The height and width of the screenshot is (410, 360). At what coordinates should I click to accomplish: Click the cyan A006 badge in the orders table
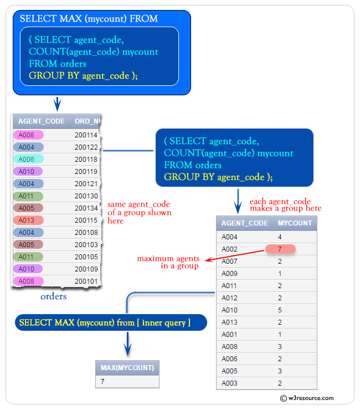[27, 159]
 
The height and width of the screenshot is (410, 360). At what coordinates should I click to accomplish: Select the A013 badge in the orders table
[27, 220]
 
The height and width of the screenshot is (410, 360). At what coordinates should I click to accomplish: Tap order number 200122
[86, 147]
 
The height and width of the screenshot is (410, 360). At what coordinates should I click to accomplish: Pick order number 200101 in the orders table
[86, 281]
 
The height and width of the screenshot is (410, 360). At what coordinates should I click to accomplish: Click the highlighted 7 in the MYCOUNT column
[280, 249]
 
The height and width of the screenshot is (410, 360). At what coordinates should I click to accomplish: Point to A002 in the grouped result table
[229, 249]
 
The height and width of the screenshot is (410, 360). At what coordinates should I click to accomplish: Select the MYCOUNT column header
[294, 223]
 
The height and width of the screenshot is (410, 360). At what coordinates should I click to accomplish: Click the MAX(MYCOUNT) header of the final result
[127, 368]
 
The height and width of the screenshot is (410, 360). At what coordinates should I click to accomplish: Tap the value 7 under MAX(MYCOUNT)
[103, 382]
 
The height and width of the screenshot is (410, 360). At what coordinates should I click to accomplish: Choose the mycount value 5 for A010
[280, 310]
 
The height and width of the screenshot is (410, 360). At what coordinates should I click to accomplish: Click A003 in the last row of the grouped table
[229, 383]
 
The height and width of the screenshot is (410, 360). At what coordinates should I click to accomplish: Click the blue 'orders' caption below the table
[54, 296]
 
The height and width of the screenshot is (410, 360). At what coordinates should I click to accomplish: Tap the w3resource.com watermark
[307, 398]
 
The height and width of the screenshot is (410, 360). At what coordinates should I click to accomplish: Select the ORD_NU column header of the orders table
[87, 121]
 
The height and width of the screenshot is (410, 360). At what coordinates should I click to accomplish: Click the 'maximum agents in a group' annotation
[167, 262]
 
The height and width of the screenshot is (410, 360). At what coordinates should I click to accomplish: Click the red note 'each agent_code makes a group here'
[285, 205]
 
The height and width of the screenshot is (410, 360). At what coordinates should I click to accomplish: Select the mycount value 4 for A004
[280, 237]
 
